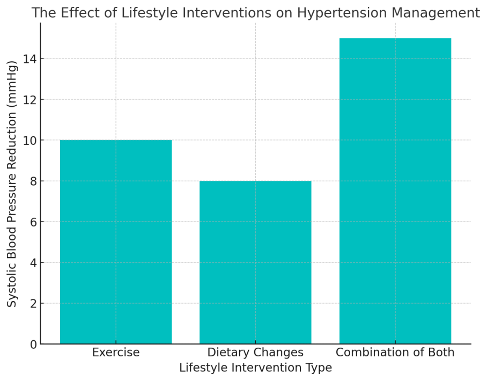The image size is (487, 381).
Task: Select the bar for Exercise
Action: (x=116, y=242)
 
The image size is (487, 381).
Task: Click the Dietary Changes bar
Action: (x=255, y=262)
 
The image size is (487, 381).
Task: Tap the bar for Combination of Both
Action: (x=395, y=191)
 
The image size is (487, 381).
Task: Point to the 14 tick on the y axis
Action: (x=30, y=58)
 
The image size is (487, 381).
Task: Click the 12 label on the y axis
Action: (x=30, y=99)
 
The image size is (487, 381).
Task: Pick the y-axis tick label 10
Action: (x=30, y=140)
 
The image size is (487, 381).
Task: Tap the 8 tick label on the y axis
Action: (x=34, y=181)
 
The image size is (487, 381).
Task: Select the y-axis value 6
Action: (x=34, y=222)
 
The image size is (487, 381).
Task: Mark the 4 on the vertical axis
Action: (x=34, y=262)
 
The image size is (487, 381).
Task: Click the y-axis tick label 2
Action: (x=34, y=303)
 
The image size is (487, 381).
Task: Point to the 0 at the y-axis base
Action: (x=34, y=344)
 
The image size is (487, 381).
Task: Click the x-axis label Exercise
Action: (x=116, y=353)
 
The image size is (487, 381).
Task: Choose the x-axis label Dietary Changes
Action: (x=255, y=353)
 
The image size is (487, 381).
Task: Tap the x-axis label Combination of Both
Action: (x=395, y=353)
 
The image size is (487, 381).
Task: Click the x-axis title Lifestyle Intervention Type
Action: (x=256, y=368)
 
